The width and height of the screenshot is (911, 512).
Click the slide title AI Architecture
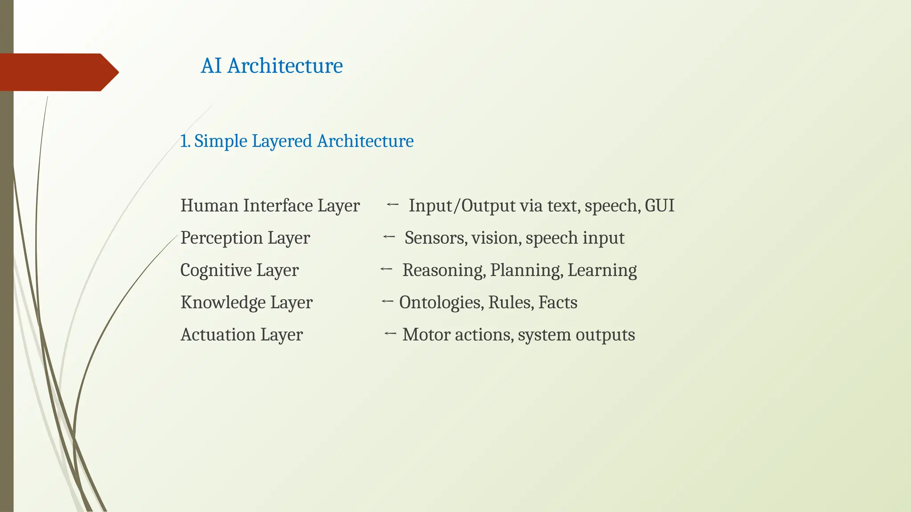click(x=272, y=66)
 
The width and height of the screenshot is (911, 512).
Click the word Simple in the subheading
click(x=221, y=141)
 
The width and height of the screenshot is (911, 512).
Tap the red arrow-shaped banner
click(x=58, y=72)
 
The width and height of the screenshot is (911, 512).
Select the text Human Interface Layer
click(x=270, y=206)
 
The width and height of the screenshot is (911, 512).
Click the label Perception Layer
click(x=245, y=238)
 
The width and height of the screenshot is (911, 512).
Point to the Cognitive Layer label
click(x=239, y=270)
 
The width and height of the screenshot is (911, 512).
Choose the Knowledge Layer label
click(x=246, y=302)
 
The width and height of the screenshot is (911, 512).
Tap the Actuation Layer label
click(x=242, y=335)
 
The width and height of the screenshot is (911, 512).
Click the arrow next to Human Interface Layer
click(x=392, y=204)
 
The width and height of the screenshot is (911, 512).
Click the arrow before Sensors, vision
click(x=389, y=237)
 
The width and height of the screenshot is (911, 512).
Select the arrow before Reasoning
click(x=386, y=269)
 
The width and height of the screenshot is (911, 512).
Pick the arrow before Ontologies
click(x=387, y=301)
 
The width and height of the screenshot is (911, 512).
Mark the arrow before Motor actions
click(x=390, y=333)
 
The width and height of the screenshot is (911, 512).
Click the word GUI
click(x=659, y=206)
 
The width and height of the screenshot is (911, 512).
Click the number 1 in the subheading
click(x=183, y=141)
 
